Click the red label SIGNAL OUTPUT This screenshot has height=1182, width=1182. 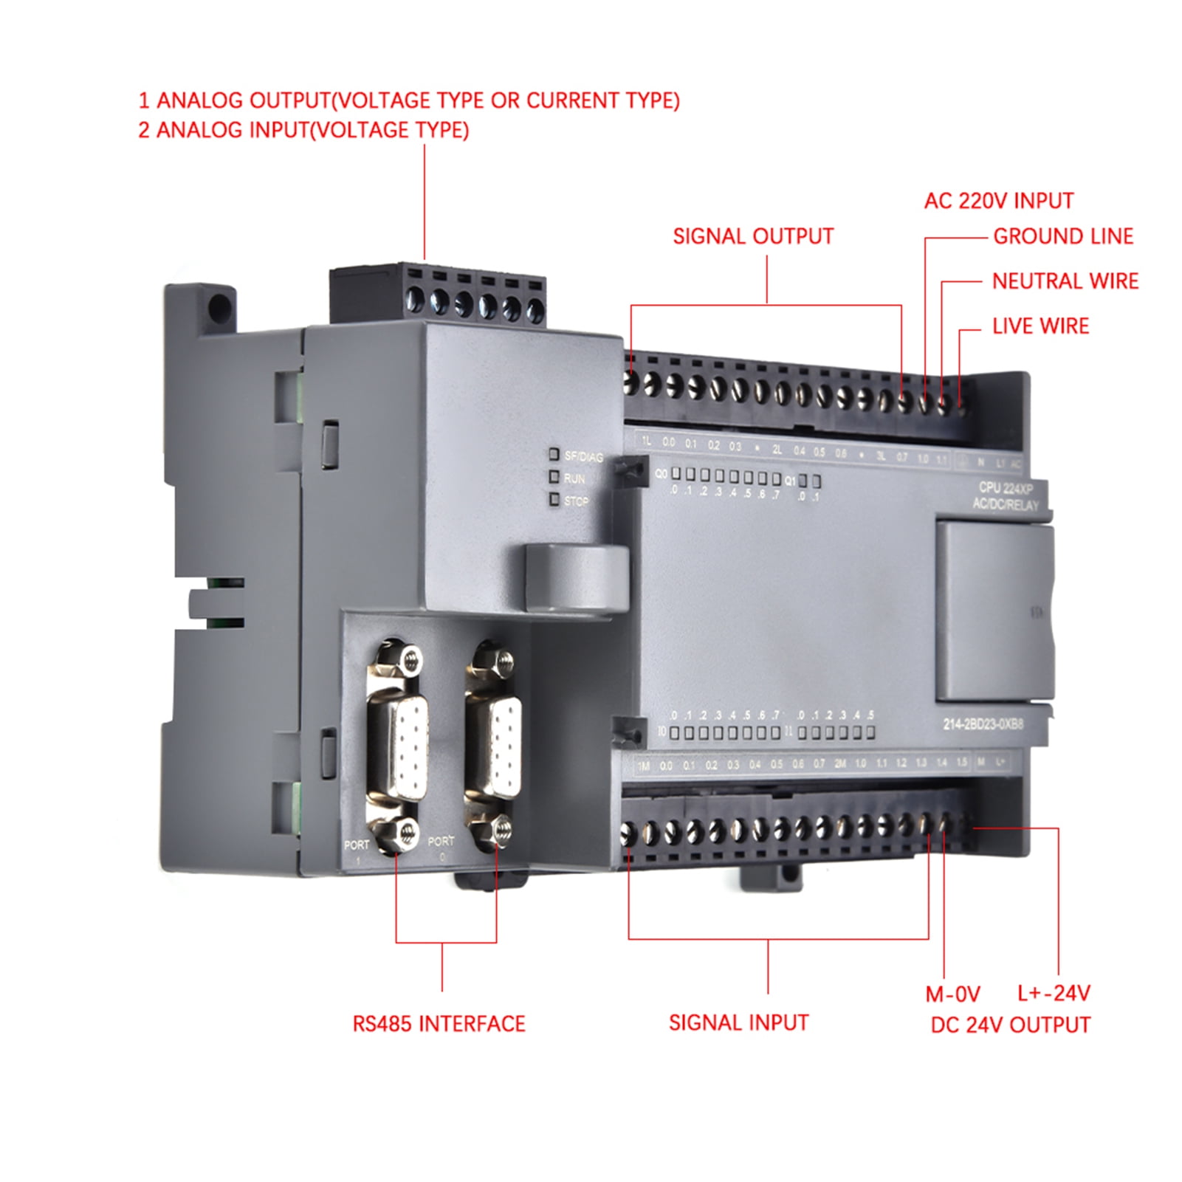coord(752,236)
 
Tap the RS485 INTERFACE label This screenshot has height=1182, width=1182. coord(439,1024)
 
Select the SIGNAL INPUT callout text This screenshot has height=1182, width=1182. coord(738,1023)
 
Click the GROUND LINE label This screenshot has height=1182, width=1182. coord(1062,236)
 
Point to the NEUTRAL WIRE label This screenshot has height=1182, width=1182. coord(1065,281)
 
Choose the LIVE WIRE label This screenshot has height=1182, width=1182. coord(1040,326)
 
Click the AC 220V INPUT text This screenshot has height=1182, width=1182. coord(998,201)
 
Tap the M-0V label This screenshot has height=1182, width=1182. coord(952,994)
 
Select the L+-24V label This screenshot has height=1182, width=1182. coord(1054,993)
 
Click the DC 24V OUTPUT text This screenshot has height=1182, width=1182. coord(1010,1025)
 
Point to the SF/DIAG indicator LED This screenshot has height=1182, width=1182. coord(554,454)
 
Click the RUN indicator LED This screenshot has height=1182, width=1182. coord(554,477)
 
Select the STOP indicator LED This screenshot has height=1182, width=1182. coord(554,500)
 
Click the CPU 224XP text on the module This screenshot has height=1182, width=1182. coord(1005,488)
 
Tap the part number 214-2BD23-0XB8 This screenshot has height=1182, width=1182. coord(983,724)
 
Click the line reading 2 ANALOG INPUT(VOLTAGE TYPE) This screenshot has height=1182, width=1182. coord(303,130)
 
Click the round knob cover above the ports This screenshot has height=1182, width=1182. coord(576,576)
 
